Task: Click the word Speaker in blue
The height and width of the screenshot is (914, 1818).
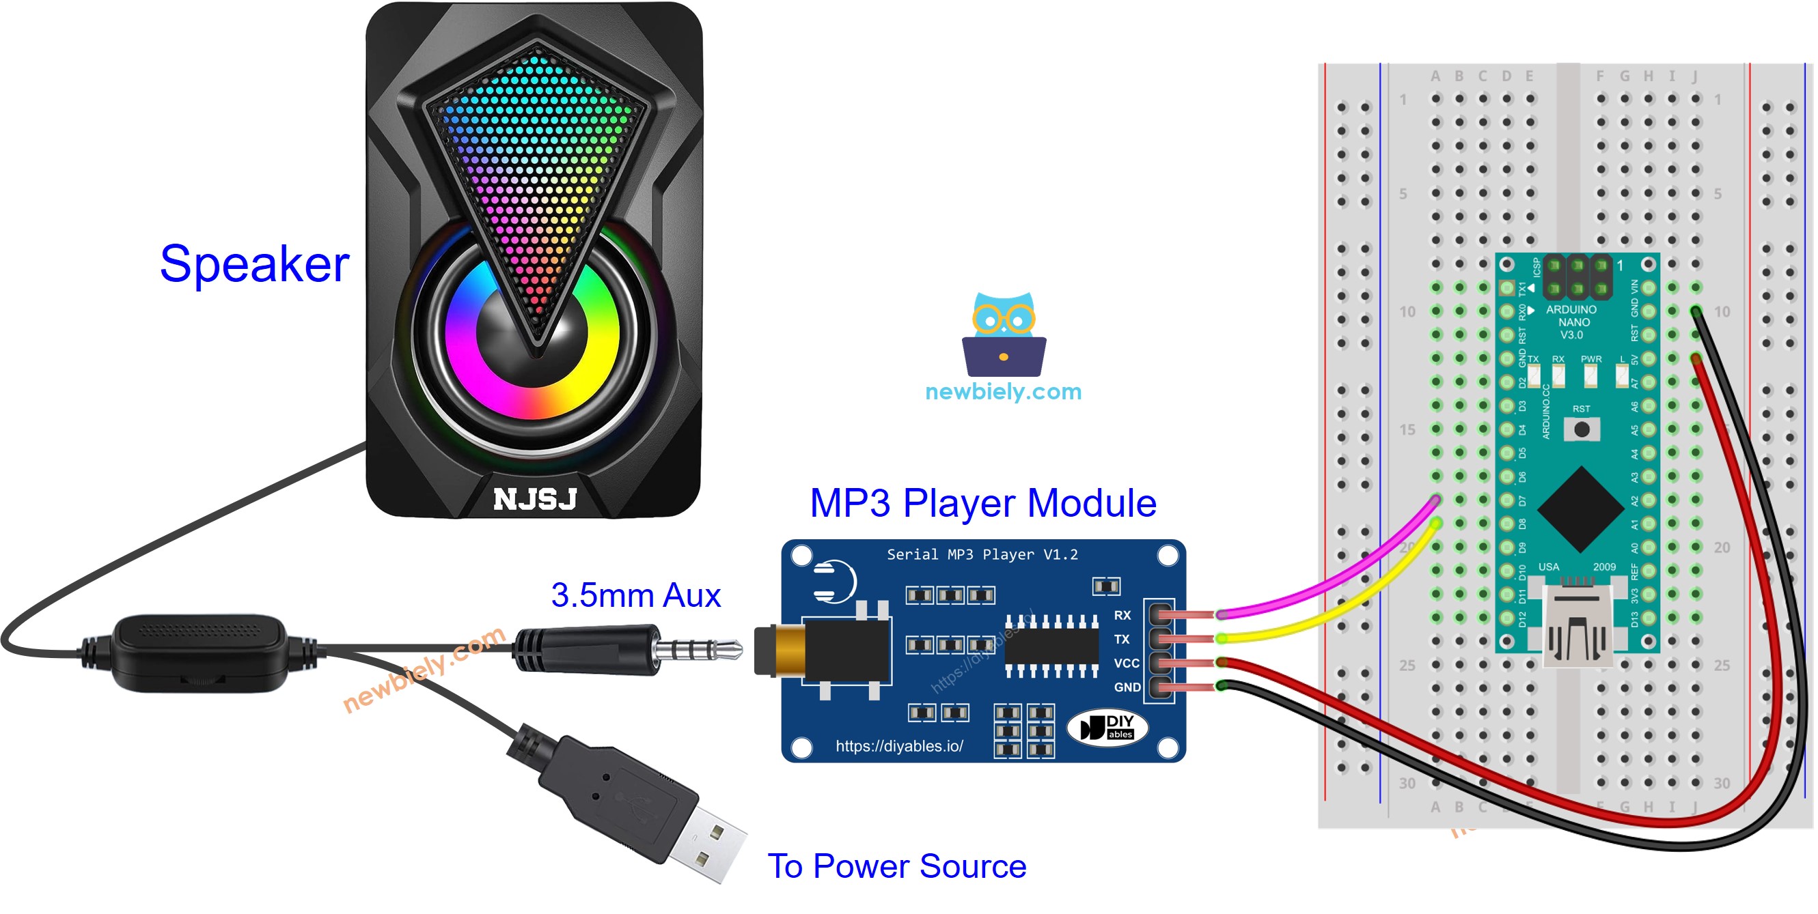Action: pyautogui.click(x=254, y=264)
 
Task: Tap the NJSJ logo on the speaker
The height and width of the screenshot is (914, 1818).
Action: pyautogui.click(x=535, y=499)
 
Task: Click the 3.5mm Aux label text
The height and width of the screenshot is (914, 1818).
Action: pyautogui.click(x=635, y=595)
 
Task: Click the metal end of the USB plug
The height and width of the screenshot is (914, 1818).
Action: pyautogui.click(x=706, y=844)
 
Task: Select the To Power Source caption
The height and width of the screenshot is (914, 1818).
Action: pyautogui.click(x=896, y=866)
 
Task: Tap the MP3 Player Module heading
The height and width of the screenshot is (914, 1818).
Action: pyautogui.click(x=982, y=504)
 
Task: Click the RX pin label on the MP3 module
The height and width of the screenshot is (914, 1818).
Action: pyautogui.click(x=1122, y=616)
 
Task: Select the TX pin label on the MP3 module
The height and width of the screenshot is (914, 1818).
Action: pyautogui.click(x=1121, y=640)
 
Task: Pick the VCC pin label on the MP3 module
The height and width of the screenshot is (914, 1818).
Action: pyautogui.click(x=1126, y=663)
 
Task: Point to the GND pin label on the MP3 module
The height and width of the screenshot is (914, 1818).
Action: pyautogui.click(x=1127, y=687)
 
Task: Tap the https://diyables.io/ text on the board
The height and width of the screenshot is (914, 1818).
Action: pyautogui.click(x=898, y=746)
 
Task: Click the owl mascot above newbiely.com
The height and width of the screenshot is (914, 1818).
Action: pyautogui.click(x=1004, y=334)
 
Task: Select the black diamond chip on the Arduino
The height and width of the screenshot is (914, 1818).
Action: pyautogui.click(x=1580, y=509)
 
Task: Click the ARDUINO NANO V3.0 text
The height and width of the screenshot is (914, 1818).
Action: pyautogui.click(x=1571, y=322)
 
